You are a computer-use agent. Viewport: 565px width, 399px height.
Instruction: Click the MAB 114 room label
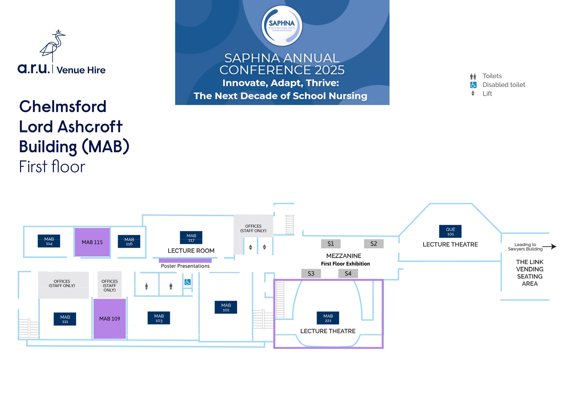pyautogui.click(x=49, y=241)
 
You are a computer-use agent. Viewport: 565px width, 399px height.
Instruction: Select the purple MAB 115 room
pyautogui.click(x=92, y=242)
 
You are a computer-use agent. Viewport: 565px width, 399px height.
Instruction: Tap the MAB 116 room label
pyautogui.click(x=129, y=242)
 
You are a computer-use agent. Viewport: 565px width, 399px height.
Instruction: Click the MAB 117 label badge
pyautogui.click(x=191, y=238)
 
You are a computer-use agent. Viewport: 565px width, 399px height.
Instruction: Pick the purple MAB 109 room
pyautogui.click(x=110, y=319)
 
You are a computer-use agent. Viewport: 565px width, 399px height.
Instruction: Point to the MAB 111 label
pyautogui.click(x=65, y=319)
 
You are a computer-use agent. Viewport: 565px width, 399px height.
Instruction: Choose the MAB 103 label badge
pyautogui.click(x=159, y=318)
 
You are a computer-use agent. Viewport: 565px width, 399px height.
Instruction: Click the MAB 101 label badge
pyautogui.click(x=226, y=307)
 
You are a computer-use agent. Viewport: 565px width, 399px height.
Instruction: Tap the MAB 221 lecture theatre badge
pyautogui.click(x=328, y=318)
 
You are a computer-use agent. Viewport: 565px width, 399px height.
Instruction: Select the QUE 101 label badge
pyautogui.click(x=450, y=231)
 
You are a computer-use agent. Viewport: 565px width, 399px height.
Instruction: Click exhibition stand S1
pyautogui.click(x=331, y=244)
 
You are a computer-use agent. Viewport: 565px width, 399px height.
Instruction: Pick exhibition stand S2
pyautogui.click(x=374, y=244)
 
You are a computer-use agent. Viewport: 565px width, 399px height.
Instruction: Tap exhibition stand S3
pyautogui.click(x=311, y=273)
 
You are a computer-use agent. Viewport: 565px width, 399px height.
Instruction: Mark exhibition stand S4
pyautogui.click(x=348, y=273)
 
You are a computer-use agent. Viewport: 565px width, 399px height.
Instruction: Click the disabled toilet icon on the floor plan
pyautogui.click(x=188, y=282)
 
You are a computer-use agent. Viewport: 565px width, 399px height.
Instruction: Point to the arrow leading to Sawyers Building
pyautogui.click(x=550, y=247)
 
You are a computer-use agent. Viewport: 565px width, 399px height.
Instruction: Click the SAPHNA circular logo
pyautogui.click(x=282, y=26)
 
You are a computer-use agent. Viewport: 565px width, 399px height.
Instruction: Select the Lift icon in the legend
pyautogui.click(x=473, y=93)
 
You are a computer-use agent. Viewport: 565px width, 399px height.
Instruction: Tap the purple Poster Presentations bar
pyautogui.click(x=185, y=260)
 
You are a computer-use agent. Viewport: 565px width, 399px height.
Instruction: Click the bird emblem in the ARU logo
pyautogui.click(x=53, y=45)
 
